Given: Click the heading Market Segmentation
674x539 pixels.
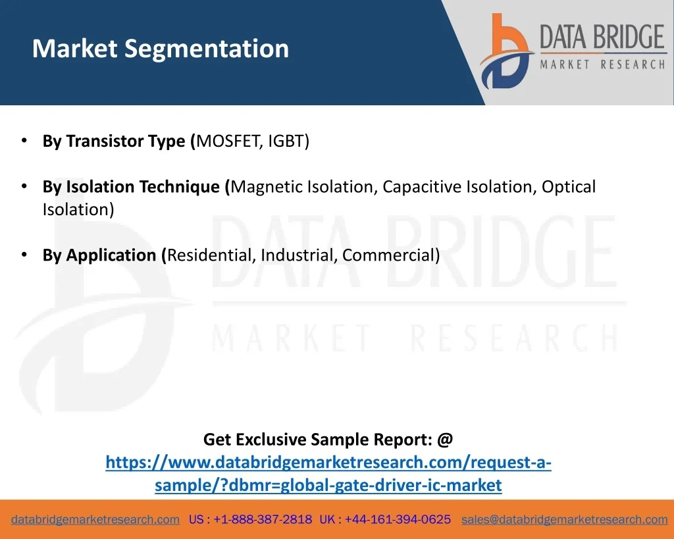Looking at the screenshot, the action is [161, 49].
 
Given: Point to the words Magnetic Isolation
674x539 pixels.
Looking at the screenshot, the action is [303, 187].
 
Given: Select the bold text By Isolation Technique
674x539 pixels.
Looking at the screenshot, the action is [131, 187].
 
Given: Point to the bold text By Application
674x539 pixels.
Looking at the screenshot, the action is [99, 255].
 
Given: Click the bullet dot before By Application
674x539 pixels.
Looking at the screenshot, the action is [24, 255].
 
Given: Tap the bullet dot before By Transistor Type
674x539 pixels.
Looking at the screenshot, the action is [24, 141].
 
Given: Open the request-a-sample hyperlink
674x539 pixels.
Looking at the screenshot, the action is [328, 474].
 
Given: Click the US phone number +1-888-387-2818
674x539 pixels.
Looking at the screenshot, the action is [263, 519].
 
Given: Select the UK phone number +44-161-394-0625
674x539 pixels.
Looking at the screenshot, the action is [398, 519].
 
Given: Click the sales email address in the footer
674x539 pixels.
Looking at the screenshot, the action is [564, 520].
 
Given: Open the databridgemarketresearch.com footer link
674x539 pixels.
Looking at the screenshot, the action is [95, 520].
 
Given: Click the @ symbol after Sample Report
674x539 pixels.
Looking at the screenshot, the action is [445, 440].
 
